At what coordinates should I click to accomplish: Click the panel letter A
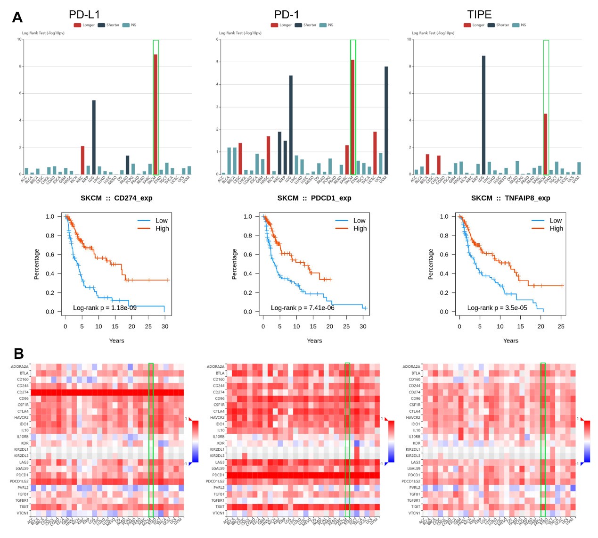click(x=17, y=17)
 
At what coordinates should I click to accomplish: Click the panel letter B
click(x=19, y=353)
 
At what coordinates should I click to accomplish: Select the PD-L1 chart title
click(x=84, y=15)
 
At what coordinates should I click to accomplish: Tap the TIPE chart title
click(x=479, y=15)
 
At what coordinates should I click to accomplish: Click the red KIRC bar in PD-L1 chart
click(x=82, y=160)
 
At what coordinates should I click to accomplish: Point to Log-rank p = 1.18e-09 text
click(x=105, y=308)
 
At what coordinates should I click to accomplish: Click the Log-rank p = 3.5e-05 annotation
click(x=497, y=308)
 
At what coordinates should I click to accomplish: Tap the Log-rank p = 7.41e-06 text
click(x=303, y=308)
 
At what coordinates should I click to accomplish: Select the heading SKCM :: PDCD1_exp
click(x=314, y=198)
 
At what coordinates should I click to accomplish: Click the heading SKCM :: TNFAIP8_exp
click(x=510, y=198)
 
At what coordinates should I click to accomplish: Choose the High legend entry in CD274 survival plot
click(x=162, y=229)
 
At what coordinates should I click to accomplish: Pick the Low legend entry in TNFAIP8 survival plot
click(x=556, y=221)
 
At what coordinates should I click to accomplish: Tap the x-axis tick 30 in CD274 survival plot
click(x=165, y=326)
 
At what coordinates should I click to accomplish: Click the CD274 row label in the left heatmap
click(x=23, y=392)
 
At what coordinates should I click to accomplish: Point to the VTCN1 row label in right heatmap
click(x=414, y=513)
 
